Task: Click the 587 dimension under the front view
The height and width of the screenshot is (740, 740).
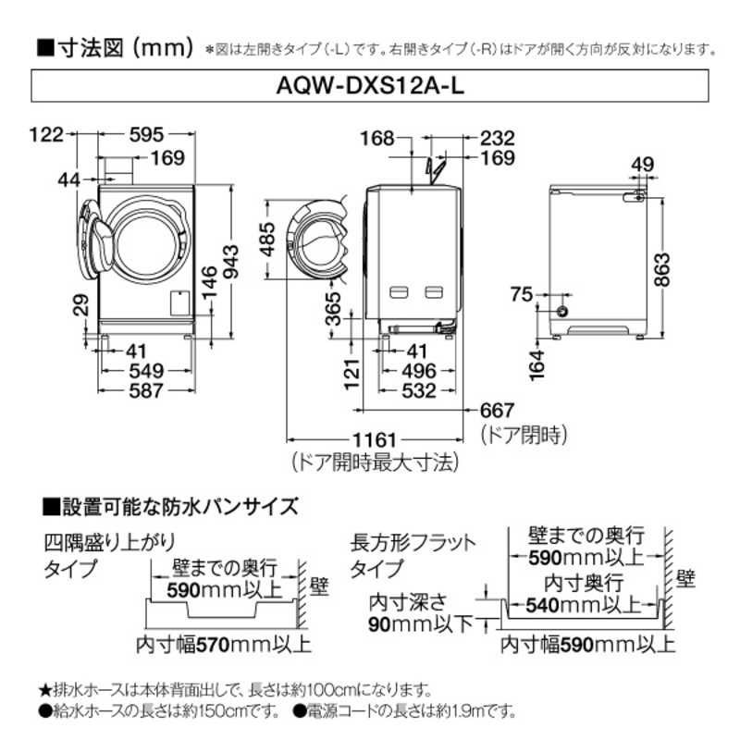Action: pyautogui.click(x=145, y=390)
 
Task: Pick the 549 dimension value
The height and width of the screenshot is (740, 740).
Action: pyautogui.click(x=145, y=371)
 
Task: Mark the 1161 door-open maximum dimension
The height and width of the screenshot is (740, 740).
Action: pyautogui.click(x=373, y=439)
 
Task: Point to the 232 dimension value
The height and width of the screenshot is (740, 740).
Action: pyautogui.click(x=497, y=138)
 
